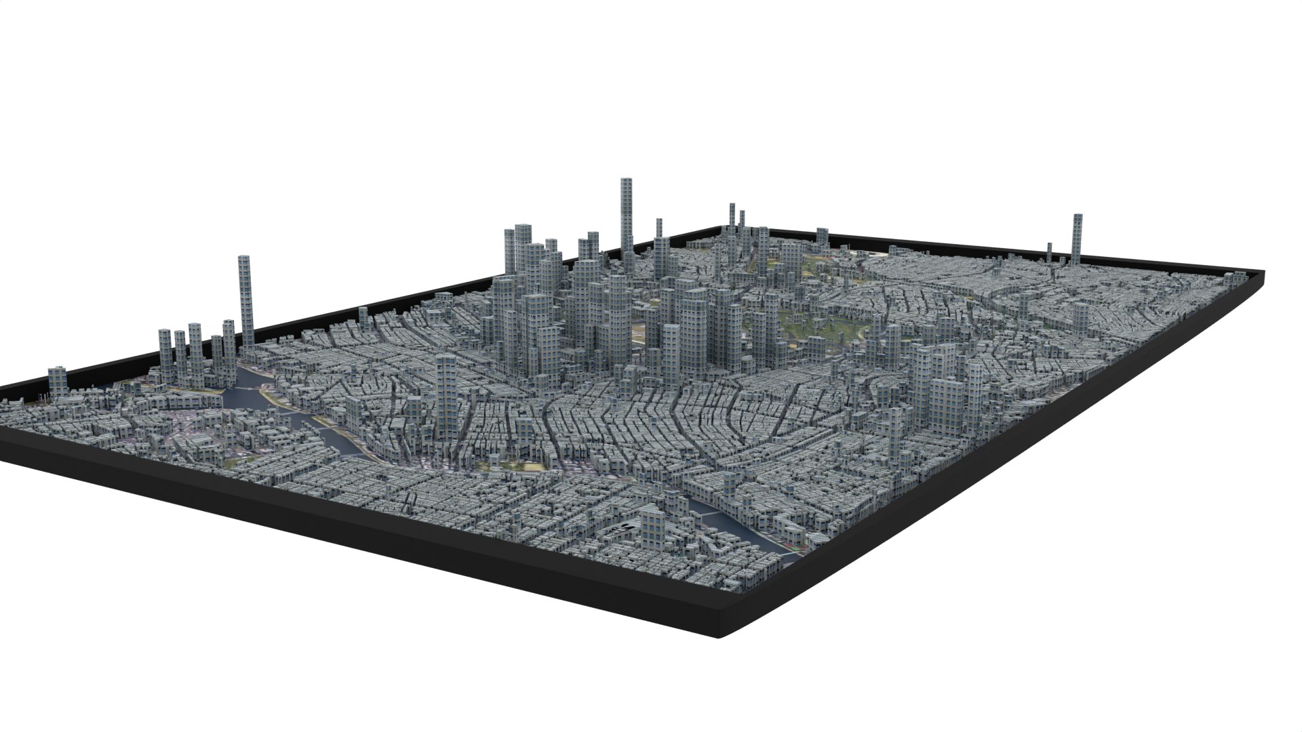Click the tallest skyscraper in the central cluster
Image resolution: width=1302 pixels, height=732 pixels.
(627, 224)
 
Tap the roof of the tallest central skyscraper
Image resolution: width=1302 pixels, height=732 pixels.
(627, 180)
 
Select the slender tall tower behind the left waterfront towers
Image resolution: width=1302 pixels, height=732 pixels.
(245, 305)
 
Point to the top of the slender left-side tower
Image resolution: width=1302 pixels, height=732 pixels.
(245, 258)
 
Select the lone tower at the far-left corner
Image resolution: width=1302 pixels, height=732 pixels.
(58, 382)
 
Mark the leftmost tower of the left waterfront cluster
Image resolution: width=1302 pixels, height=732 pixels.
(165, 356)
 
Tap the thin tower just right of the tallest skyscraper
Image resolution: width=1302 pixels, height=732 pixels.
(658, 237)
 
